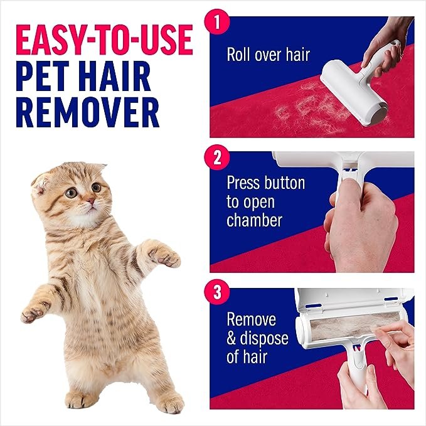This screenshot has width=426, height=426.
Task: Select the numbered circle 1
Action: pyautogui.click(x=217, y=24)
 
